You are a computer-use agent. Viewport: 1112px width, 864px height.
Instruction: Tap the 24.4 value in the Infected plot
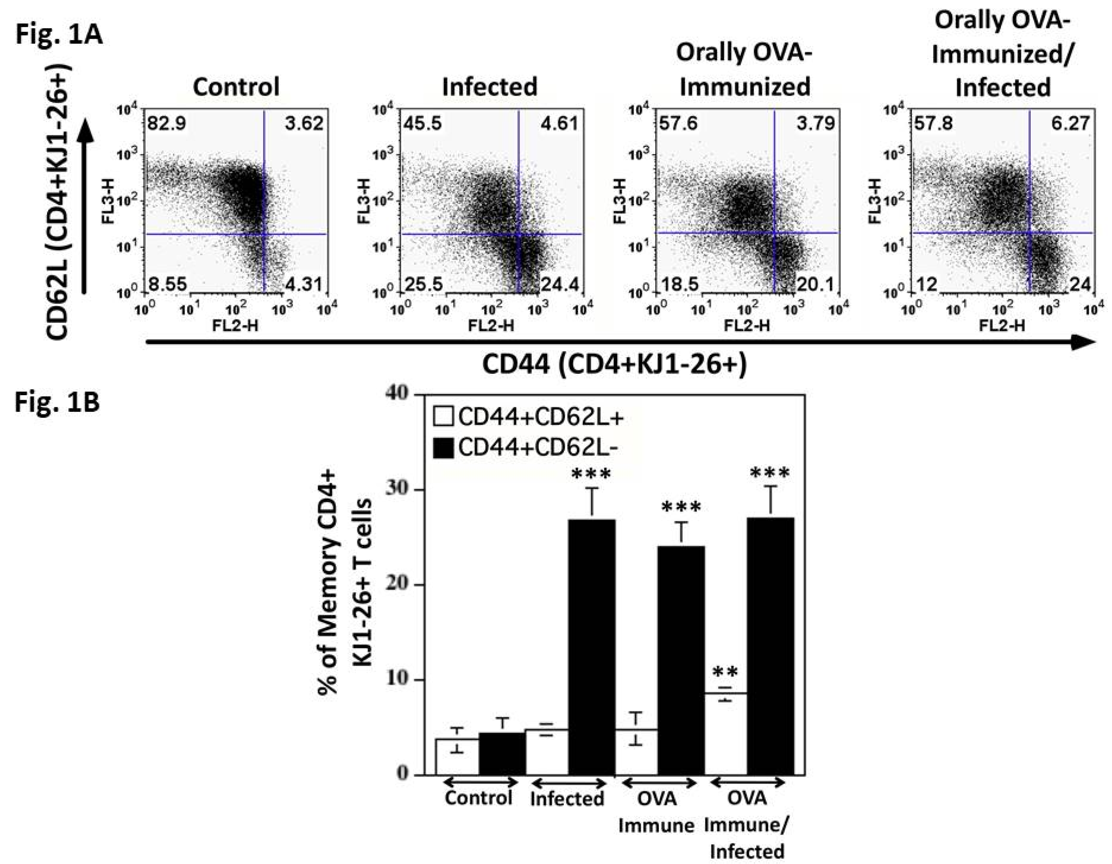coord(559,285)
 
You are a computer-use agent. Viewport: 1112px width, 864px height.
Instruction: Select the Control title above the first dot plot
coord(236,87)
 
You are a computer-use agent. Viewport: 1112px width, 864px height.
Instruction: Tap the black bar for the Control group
coord(501,754)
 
